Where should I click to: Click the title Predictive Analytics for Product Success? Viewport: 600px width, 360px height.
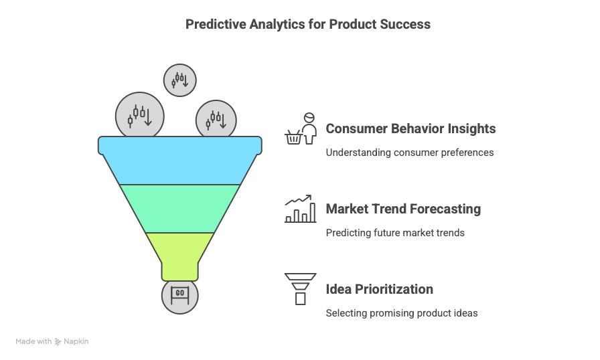coord(307,25)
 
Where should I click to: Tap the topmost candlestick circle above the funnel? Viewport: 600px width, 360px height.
coord(179,80)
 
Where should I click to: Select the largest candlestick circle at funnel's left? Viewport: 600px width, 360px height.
coord(140,115)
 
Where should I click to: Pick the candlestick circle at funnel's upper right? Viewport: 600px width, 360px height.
coord(216,121)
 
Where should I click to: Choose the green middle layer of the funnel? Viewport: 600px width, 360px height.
coord(179,208)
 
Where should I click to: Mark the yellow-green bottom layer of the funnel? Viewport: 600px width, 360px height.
coord(179,254)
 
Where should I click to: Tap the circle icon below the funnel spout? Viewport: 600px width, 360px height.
coord(179,295)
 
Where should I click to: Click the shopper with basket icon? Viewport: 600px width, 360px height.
coord(300,129)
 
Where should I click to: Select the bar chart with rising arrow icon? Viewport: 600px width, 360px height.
coord(300,209)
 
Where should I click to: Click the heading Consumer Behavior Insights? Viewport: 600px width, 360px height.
coord(410,128)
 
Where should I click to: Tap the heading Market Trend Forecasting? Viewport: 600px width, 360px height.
coord(403,209)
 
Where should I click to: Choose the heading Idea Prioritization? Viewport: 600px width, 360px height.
coord(379,289)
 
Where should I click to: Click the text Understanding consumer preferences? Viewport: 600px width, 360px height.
coord(409,153)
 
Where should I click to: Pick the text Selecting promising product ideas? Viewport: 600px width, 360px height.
coord(401,313)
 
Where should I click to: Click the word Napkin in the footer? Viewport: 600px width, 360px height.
coord(76,341)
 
